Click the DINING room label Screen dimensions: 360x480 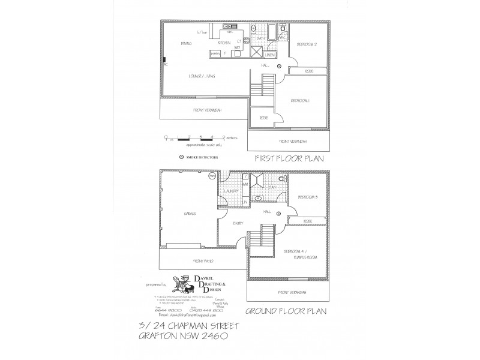(185, 44)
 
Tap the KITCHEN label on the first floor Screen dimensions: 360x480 (224, 44)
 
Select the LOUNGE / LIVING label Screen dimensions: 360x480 (201, 77)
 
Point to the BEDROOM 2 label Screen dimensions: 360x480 (307, 45)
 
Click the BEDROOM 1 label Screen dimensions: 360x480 (299, 101)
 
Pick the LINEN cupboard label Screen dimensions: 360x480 (269, 55)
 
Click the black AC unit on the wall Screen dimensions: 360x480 (164, 61)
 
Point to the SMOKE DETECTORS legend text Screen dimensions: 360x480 (202, 158)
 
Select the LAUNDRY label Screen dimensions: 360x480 (232, 191)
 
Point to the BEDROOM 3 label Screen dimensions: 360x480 (307, 197)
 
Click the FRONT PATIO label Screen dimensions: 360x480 (204, 262)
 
